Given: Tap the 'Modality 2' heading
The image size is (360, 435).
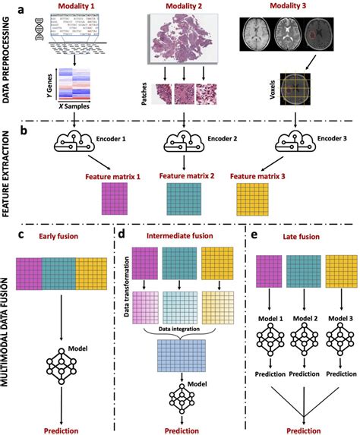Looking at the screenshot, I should [x=184, y=7].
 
